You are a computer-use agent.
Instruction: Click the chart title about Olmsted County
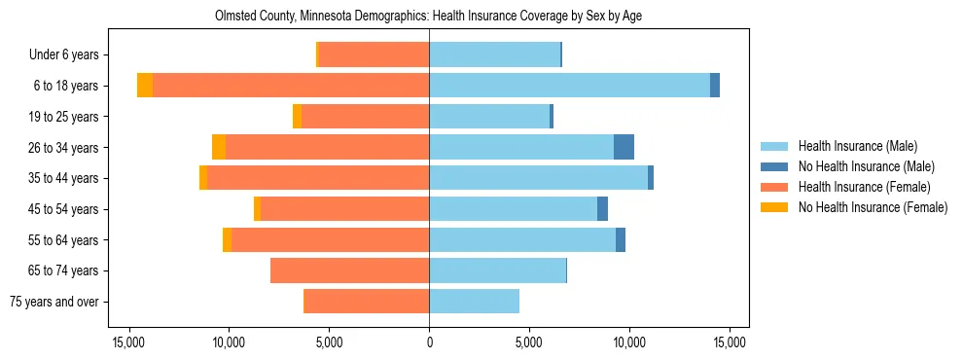point(428,17)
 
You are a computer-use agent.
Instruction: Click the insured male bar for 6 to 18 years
point(569,86)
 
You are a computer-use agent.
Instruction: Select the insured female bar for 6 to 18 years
point(291,86)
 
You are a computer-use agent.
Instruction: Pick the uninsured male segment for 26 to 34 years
point(624,147)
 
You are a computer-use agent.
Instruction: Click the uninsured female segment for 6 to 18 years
point(145,86)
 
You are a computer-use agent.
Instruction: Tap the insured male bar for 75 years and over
point(474,302)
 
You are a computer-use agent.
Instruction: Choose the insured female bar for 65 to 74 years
point(350,270)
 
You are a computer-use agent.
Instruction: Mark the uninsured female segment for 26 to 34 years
point(219,147)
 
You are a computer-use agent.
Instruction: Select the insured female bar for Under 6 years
point(374,55)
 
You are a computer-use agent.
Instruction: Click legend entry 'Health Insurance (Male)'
point(857,146)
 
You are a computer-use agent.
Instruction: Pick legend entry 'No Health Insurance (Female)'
point(873,207)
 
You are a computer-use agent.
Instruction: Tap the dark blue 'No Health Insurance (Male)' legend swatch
point(774,166)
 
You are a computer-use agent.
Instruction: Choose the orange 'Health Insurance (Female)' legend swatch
point(774,187)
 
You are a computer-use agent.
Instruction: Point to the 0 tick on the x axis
point(429,342)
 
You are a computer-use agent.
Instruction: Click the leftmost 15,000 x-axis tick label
point(128,342)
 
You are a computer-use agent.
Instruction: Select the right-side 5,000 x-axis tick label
point(529,342)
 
